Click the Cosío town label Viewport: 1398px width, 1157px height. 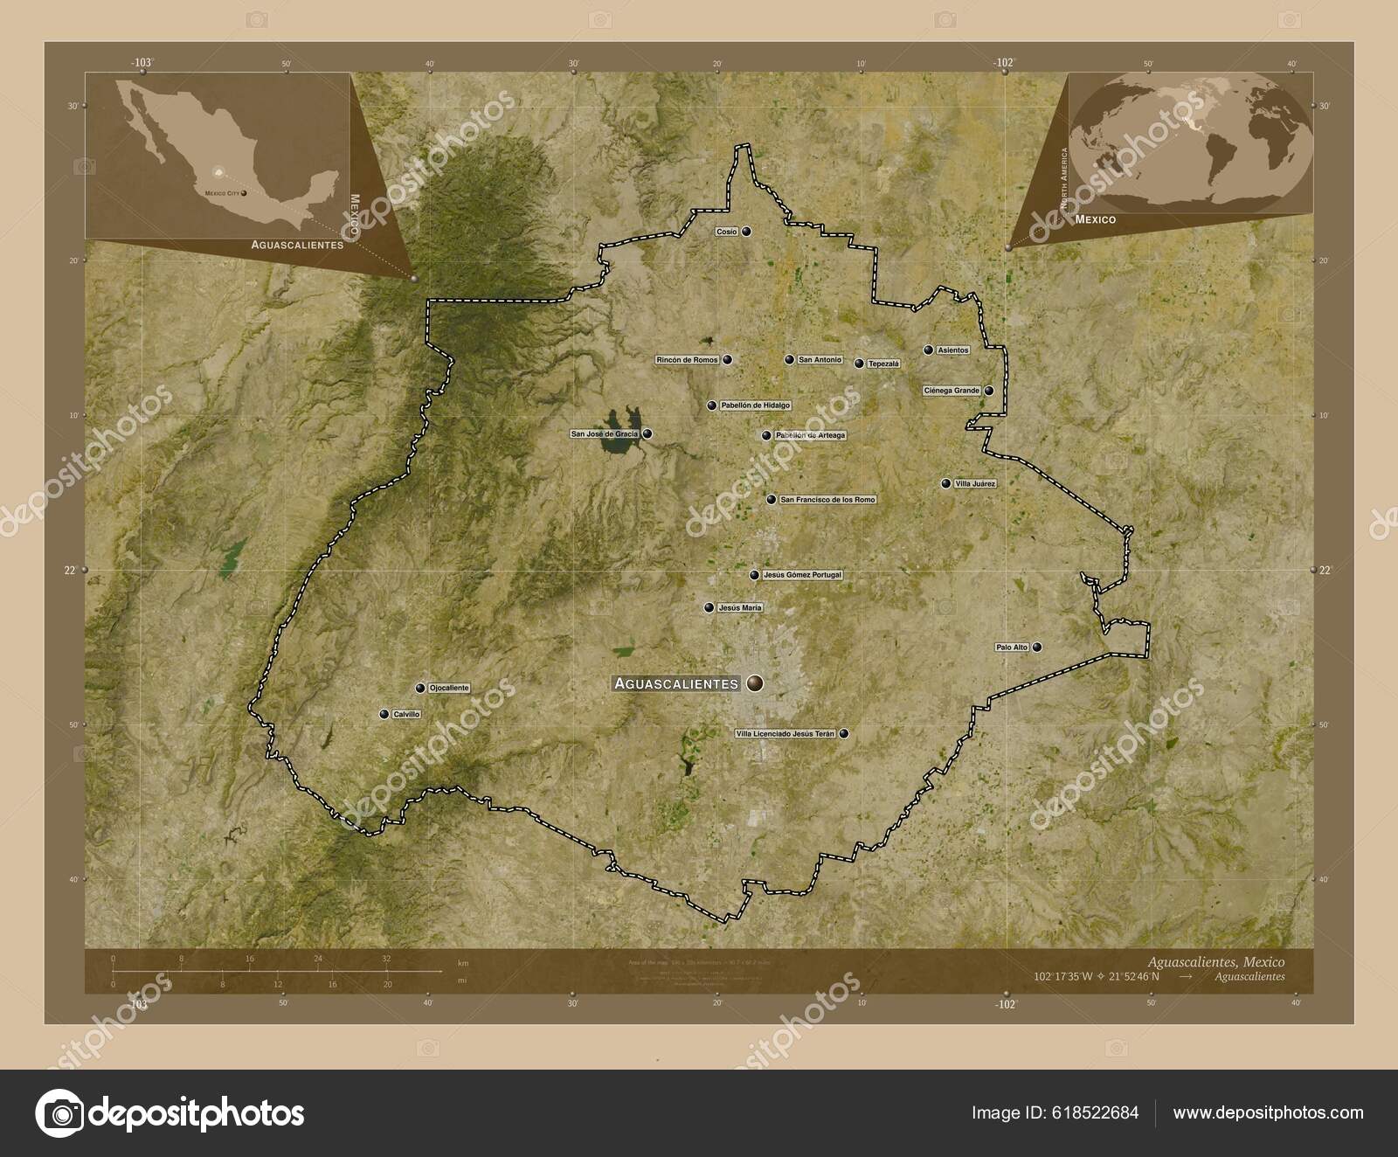727,232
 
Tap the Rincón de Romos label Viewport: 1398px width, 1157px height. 687,359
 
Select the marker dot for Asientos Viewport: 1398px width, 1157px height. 928,350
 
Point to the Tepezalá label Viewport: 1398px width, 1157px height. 882,364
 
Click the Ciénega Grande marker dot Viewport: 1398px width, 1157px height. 989,391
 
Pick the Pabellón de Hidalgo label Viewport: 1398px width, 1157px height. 755,405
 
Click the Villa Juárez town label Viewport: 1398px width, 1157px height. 976,483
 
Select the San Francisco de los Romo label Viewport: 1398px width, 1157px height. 827,500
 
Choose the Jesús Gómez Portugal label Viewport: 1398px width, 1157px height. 802,575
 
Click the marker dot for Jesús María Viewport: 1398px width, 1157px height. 709,607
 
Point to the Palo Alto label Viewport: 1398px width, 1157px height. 1012,648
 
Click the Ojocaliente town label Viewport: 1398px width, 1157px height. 449,688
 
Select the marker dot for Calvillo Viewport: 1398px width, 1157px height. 384,714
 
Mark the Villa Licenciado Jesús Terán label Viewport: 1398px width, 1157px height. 786,734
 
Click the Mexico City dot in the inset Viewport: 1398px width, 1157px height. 244,191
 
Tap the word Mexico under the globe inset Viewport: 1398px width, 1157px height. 1095,220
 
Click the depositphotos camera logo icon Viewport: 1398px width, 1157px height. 59,1112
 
